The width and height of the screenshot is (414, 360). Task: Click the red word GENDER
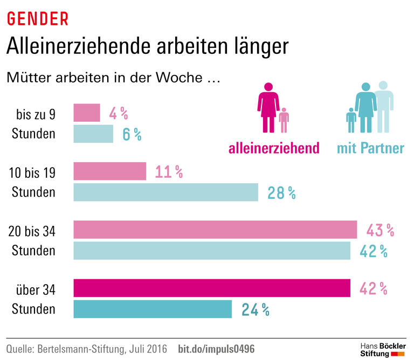point(37,18)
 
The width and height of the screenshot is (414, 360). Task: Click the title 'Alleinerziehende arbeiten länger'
point(147,47)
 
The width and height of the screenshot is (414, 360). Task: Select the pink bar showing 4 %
point(86,113)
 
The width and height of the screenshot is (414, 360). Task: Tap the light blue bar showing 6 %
point(93,134)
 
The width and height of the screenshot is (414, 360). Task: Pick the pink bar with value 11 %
point(109,171)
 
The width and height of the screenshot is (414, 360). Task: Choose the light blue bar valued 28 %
point(165,192)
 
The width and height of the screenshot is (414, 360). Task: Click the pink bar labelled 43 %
point(215,230)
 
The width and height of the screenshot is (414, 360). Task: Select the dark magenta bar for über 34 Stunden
point(211,288)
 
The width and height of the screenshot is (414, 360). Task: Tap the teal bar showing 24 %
point(152,309)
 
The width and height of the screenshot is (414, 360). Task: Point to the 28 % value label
point(281,193)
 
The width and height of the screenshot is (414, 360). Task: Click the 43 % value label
point(380,230)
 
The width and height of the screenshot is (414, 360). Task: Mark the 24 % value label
point(255,309)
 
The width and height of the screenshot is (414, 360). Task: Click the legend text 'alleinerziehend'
point(274,148)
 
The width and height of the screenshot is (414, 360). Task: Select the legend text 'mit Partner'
point(370,148)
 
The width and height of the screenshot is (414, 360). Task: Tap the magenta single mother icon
point(268,108)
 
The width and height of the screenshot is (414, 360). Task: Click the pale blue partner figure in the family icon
point(383,105)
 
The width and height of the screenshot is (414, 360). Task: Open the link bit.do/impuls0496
point(216,349)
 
